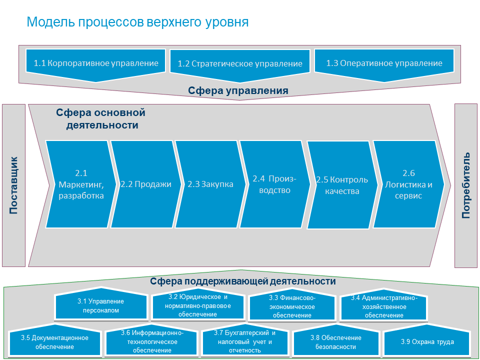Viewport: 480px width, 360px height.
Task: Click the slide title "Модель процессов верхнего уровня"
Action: point(137,22)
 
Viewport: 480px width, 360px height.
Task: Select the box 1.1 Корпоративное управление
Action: point(96,63)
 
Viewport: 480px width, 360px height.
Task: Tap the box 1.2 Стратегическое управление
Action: point(240,64)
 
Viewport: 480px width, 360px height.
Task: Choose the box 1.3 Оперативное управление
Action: point(384,63)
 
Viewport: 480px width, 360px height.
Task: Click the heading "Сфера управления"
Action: point(238,90)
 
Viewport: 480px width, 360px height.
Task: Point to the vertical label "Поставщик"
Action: point(13,185)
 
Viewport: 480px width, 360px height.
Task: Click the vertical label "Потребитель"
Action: point(466,185)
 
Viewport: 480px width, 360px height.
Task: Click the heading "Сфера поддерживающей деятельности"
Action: point(243,281)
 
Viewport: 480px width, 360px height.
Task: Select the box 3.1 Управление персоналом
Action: point(100,305)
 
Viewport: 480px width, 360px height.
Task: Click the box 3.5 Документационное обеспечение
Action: point(54,342)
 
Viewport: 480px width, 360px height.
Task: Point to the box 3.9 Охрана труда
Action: point(427,342)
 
